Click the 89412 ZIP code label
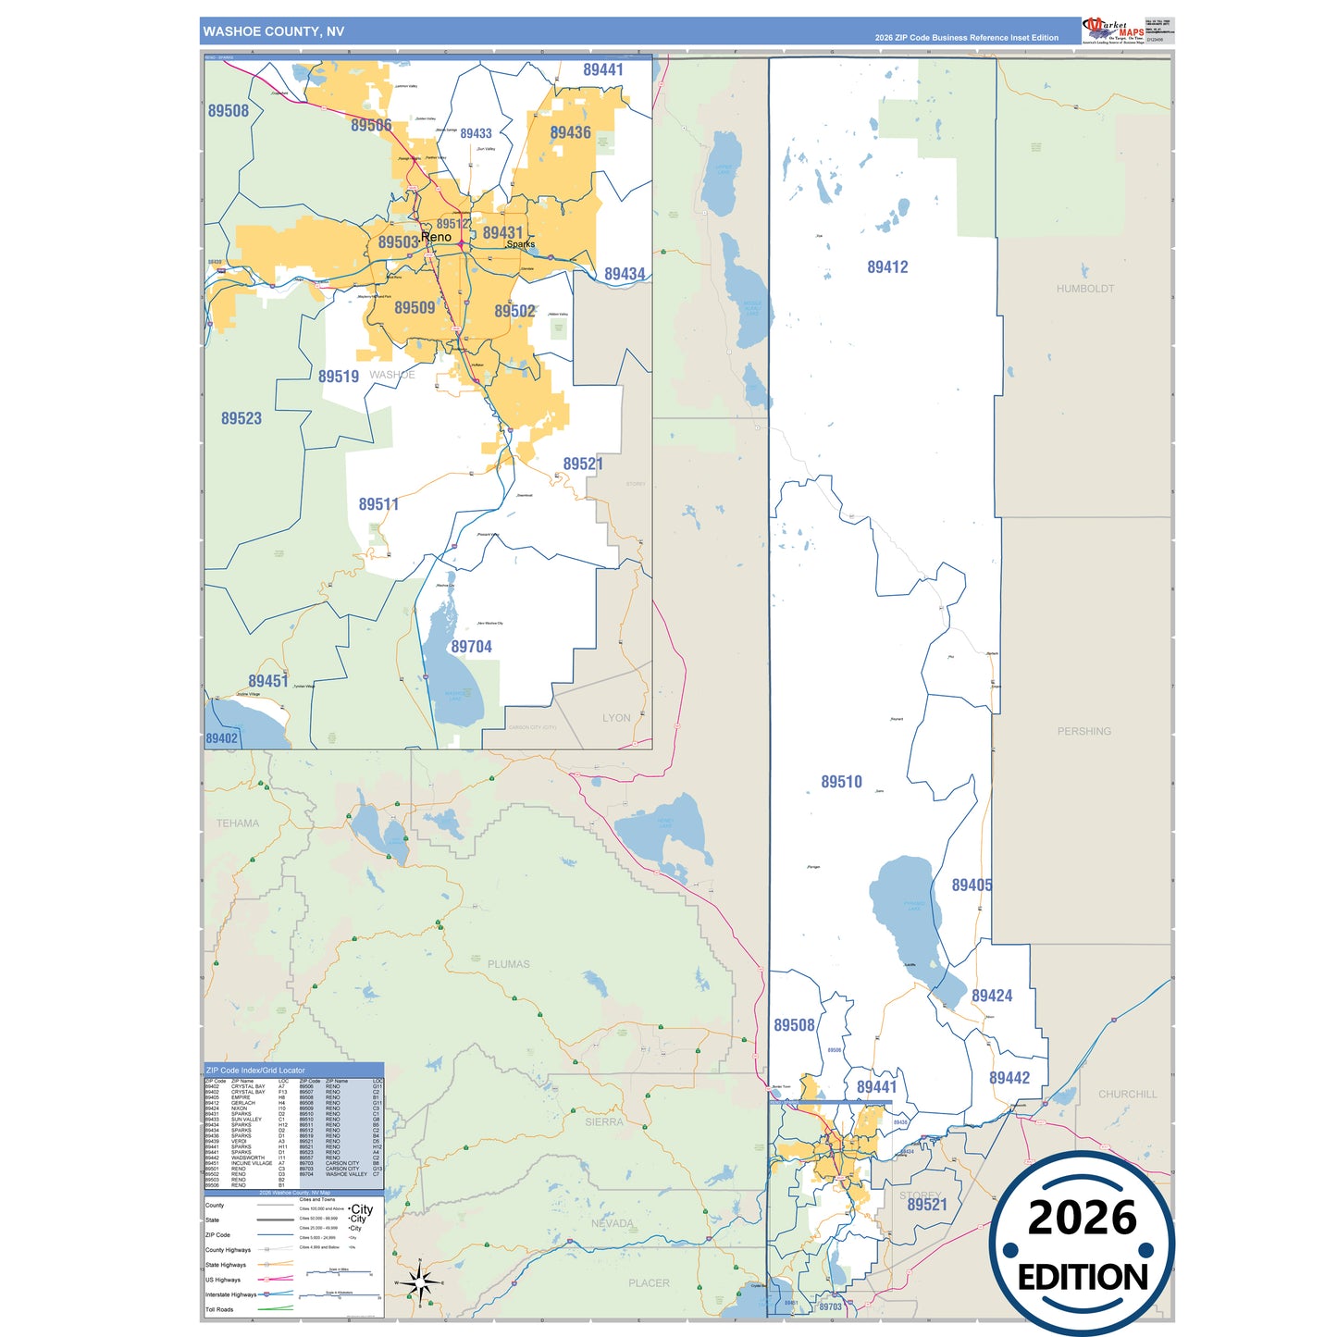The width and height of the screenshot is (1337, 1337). (887, 267)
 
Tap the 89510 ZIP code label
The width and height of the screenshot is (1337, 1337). (841, 782)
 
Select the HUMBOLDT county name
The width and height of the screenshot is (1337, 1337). (1084, 289)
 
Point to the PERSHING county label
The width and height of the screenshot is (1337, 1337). (1083, 731)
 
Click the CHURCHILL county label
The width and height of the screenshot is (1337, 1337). (1127, 1094)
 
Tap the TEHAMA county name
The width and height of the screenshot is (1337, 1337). (238, 823)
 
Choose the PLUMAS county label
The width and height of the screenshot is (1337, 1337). (508, 964)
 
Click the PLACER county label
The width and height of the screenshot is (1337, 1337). (649, 1282)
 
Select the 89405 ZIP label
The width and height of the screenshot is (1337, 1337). (972, 885)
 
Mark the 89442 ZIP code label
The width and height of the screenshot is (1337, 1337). (1009, 1078)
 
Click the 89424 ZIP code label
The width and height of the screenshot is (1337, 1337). (991, 997)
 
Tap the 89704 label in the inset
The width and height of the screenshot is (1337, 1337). (471, 647)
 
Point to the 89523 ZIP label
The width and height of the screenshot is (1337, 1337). (241, 418)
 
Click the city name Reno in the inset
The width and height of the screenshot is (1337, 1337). (436, 237)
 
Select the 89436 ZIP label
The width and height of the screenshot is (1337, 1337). (570, 133)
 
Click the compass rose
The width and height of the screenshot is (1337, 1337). (419, 1282)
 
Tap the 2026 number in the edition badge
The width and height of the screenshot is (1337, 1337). (1082, 1218)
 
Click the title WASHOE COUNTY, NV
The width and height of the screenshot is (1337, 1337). (273, 31)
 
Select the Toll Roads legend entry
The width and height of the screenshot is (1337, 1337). (219, 1309)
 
